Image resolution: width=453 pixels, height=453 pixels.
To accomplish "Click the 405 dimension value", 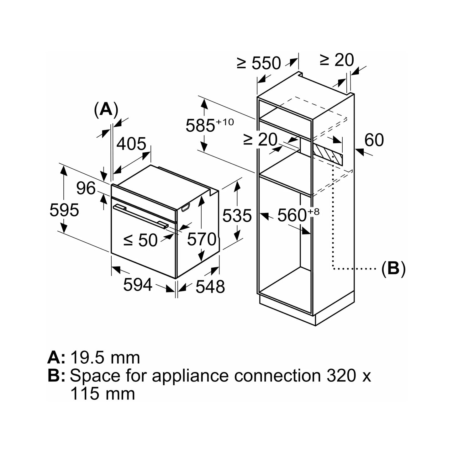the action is [x=131, y=144].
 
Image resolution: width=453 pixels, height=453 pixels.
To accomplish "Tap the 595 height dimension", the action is [x=64, y=210].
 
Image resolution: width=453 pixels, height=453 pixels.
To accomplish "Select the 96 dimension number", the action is [x=86, y=188].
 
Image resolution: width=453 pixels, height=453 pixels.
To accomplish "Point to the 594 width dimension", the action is [x=138, y=285].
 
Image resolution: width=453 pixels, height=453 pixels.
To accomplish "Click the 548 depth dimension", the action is [x=210, y=287].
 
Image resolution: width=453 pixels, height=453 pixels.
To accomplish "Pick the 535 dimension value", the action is [x=237, y=216].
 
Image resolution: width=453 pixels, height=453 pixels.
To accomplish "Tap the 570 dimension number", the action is [x=202, y=239].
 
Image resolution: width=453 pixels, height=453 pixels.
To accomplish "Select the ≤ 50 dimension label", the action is [x=140, y=240].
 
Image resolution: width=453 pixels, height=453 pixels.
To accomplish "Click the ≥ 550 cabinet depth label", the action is [x=259, y=63].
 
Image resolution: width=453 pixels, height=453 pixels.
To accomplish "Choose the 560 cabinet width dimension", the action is [x=298, y=215].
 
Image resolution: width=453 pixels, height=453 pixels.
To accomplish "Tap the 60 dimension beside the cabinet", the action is [x=374, y=140].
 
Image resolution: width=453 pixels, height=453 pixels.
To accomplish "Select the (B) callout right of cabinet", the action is [x=393, y=268].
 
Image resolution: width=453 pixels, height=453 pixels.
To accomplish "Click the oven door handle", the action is [x=140, y=216].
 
